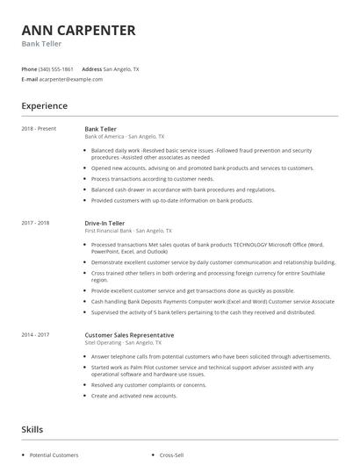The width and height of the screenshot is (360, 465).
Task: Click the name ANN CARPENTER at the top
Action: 78,31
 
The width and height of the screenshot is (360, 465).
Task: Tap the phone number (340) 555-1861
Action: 56,68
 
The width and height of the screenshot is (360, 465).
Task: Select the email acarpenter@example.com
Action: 71,79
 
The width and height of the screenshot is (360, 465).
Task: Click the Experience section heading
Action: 45,106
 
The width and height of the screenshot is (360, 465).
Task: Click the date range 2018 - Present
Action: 39,129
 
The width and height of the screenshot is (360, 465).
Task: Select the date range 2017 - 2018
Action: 36,223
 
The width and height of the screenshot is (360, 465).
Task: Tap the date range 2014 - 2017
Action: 36,334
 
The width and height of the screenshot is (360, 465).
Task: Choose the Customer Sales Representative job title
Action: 129,334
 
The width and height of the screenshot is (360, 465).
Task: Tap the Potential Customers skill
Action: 54,455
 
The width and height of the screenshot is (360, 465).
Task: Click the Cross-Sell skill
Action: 172,455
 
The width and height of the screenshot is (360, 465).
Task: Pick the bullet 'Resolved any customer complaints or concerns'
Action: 148,384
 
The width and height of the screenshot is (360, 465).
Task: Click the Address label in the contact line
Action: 91,68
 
